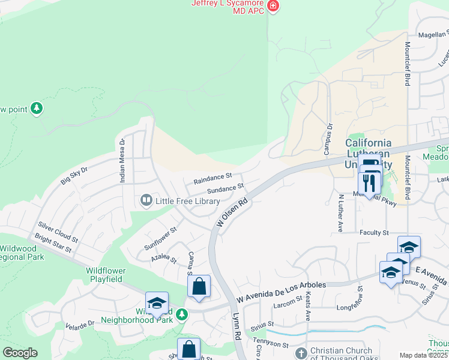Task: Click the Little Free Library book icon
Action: pyautogui.click(x=146, y=200)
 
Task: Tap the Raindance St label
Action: pyautogui.click(x=212, y=179)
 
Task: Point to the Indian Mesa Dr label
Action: pyautogui.click(x=122, y=161)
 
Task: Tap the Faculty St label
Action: pyautogui.click(x=375, y=232)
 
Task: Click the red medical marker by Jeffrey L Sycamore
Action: pyautogui.click(x=273, y=7)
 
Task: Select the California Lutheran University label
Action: pyautogui.click(x=368, y=154)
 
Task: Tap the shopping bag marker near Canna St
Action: pyautogui.click(x=199, y=286)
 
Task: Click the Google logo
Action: pyautogui.click(x=20, y=353)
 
